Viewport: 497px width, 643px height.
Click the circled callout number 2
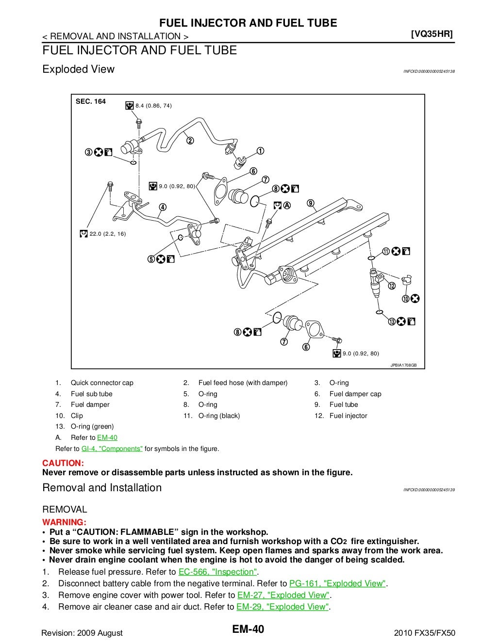[x=190, y=141]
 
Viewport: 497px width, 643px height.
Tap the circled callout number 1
[x=260, y=151]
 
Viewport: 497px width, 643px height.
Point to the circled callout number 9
[x=311, y=203]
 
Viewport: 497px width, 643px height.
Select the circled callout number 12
[x=391, y=286]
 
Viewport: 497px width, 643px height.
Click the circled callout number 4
[x=163, y=207]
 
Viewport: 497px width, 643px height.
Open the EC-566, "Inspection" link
[x=218, y=572]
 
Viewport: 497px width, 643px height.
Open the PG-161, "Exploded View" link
[x=338, y=584]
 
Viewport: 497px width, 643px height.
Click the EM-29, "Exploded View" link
[x=282, y=607]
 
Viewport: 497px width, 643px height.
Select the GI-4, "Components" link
[x=112, y=449]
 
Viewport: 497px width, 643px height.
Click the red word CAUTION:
[x=63, y=463]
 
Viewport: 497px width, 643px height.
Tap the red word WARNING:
[x=64, y=522]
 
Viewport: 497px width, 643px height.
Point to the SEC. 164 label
[x=91, y=101]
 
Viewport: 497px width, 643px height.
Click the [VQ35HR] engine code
[x=431, y=34]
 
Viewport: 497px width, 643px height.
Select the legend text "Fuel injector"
[x=348, y=416]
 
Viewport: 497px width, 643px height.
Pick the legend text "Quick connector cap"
[x=102, y=383]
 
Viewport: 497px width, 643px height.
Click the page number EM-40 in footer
[x=248, y=629]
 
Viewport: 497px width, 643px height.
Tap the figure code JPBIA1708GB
[x=403, y=365]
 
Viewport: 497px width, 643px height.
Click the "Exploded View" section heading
[x=78, y=69]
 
